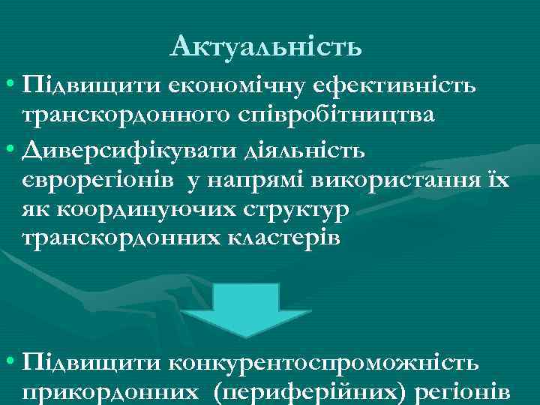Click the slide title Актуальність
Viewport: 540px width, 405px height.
(x=266, y=48)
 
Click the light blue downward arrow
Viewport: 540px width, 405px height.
(x=269, y=310)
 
